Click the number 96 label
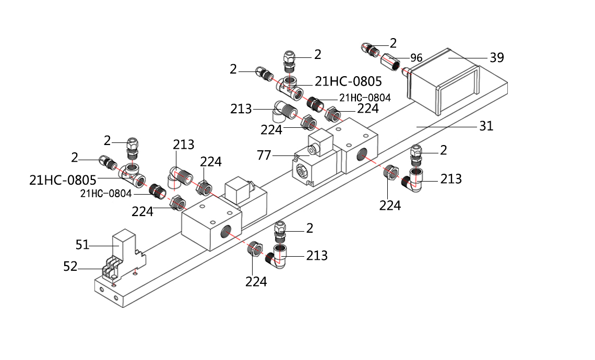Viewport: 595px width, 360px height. [416, 58]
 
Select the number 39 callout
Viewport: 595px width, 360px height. [496, 57]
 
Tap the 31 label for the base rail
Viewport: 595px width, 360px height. [486, 126]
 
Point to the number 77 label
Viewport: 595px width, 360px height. [265, 155]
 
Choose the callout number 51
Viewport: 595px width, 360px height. [82, 244]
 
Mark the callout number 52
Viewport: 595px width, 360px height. [70, 267]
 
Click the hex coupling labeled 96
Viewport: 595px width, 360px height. [390, 62]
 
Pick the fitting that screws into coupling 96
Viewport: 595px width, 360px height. [371, 51]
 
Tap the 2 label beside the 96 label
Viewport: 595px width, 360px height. [393, 43]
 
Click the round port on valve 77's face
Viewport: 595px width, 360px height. [301, 172]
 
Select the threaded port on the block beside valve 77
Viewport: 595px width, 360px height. [361, 155]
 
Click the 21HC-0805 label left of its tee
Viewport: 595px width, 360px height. [63, 180]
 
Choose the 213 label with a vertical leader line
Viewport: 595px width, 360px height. [183, 145]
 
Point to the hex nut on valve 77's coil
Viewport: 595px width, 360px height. [312, 150]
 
